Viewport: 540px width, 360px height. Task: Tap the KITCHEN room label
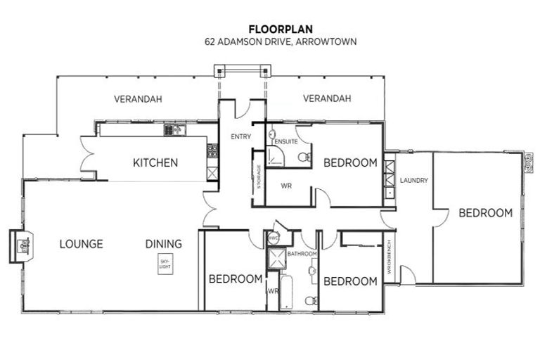click(x=155, y=163)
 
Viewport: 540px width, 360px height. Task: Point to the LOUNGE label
click(x=81, y=244)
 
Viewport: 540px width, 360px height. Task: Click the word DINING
click(x=164, y=244)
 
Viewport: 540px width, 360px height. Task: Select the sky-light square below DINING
click(x=165, y=266)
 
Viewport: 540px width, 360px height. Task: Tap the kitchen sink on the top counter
click(x=173, y=129)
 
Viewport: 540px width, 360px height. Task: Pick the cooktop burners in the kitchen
click(x=212, y=150)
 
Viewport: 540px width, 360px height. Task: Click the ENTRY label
click(x=231, y=136)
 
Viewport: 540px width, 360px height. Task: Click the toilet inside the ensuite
click(x=303, y=157)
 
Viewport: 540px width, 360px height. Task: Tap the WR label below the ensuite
click(x=286, y=186)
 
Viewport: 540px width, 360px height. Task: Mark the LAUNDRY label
click(x=413, y=180)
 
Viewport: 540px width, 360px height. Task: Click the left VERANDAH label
click(x=138, y=99)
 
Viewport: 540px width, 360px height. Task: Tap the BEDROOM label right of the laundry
click(x=485, y=213)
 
